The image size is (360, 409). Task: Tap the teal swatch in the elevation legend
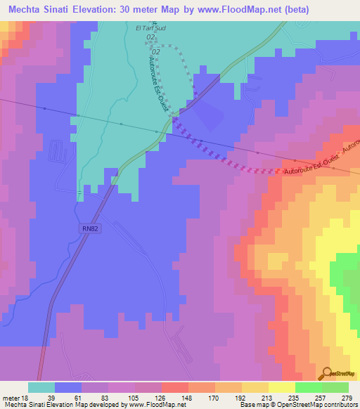[x=41, y=387]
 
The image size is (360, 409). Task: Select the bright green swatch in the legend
[x=309, y=387]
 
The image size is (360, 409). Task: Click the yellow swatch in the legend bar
[x=282, y=387]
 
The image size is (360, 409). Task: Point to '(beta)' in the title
[x=291, y=11]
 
